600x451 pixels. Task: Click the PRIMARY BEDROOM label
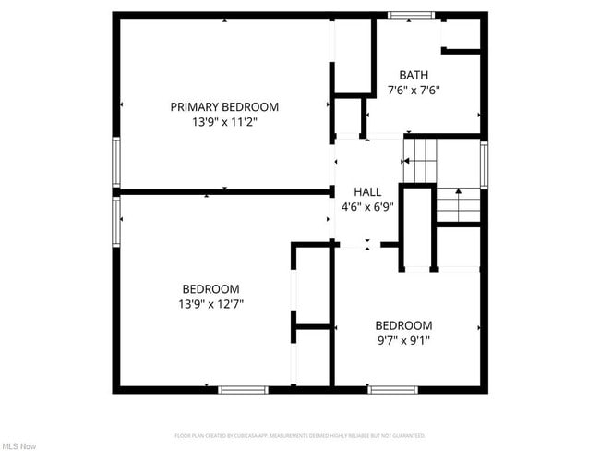pos(224,107)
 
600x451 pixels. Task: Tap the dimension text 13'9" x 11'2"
pos(224,121)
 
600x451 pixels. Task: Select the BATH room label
pos(413,76)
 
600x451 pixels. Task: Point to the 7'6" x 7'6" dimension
pos(413,91)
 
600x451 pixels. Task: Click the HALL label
pos(367,192)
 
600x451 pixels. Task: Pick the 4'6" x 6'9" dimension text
pos(367,207)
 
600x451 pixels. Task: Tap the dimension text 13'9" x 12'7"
pos(210,303)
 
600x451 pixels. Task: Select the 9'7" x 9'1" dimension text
pos(402,340)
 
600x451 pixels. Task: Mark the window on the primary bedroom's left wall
pos(116,163)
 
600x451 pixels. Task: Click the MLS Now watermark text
pos(18,446)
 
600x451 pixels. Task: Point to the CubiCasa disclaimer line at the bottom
pos(299,434)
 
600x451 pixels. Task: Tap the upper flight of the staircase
pos(420,160)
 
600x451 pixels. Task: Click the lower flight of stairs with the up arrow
pos(458,204)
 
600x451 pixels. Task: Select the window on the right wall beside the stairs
pos(484,165)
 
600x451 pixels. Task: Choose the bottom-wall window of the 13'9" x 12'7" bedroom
pos(243,390)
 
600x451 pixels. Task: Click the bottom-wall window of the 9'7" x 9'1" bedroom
pos(393,390)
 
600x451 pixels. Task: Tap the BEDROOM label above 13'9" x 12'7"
pos(210,288)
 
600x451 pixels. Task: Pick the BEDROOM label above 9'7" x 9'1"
pos(402,325)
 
